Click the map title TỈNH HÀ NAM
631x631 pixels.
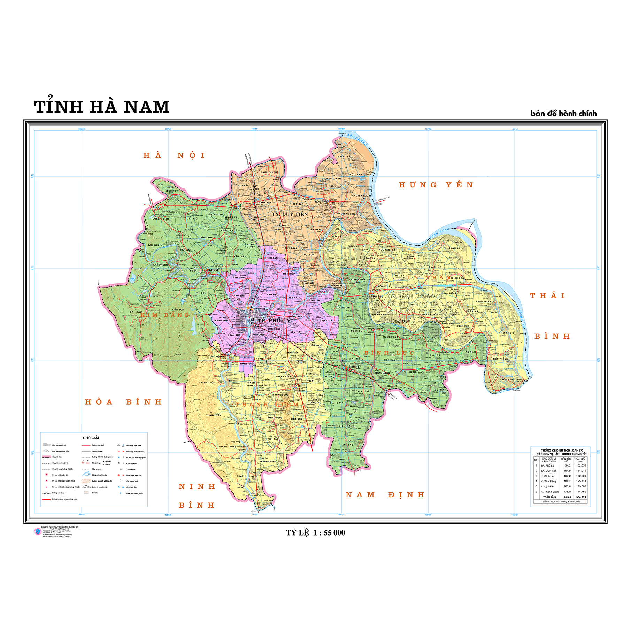tap(102, 107)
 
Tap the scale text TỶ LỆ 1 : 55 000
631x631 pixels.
tap(315, 532)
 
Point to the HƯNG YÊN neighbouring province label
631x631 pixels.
tap(436, 185)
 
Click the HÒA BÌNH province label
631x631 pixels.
tap(123, 402)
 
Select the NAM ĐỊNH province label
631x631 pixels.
tap(385, 495)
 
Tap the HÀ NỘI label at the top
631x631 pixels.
tap(174, 155)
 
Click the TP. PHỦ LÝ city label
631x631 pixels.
tap(274, 321)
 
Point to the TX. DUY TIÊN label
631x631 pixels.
tap(290, 214)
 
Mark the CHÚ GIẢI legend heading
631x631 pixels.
tap(91, 438)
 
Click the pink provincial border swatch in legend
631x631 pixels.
tap(46, 457)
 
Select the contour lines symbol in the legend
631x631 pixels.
tap(86, 481)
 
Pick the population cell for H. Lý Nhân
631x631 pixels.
tap(581, 486)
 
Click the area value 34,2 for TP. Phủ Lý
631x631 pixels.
tap(568, 465)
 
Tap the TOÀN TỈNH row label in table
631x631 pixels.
tap(549, 497)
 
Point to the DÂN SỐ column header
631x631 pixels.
tap(580, 459)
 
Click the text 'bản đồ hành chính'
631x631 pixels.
tap(563, 114)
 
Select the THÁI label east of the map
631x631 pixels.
tap(547, 296)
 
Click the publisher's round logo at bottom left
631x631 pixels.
tap(38, 531)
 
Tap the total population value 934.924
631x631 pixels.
tap(581, 497)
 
